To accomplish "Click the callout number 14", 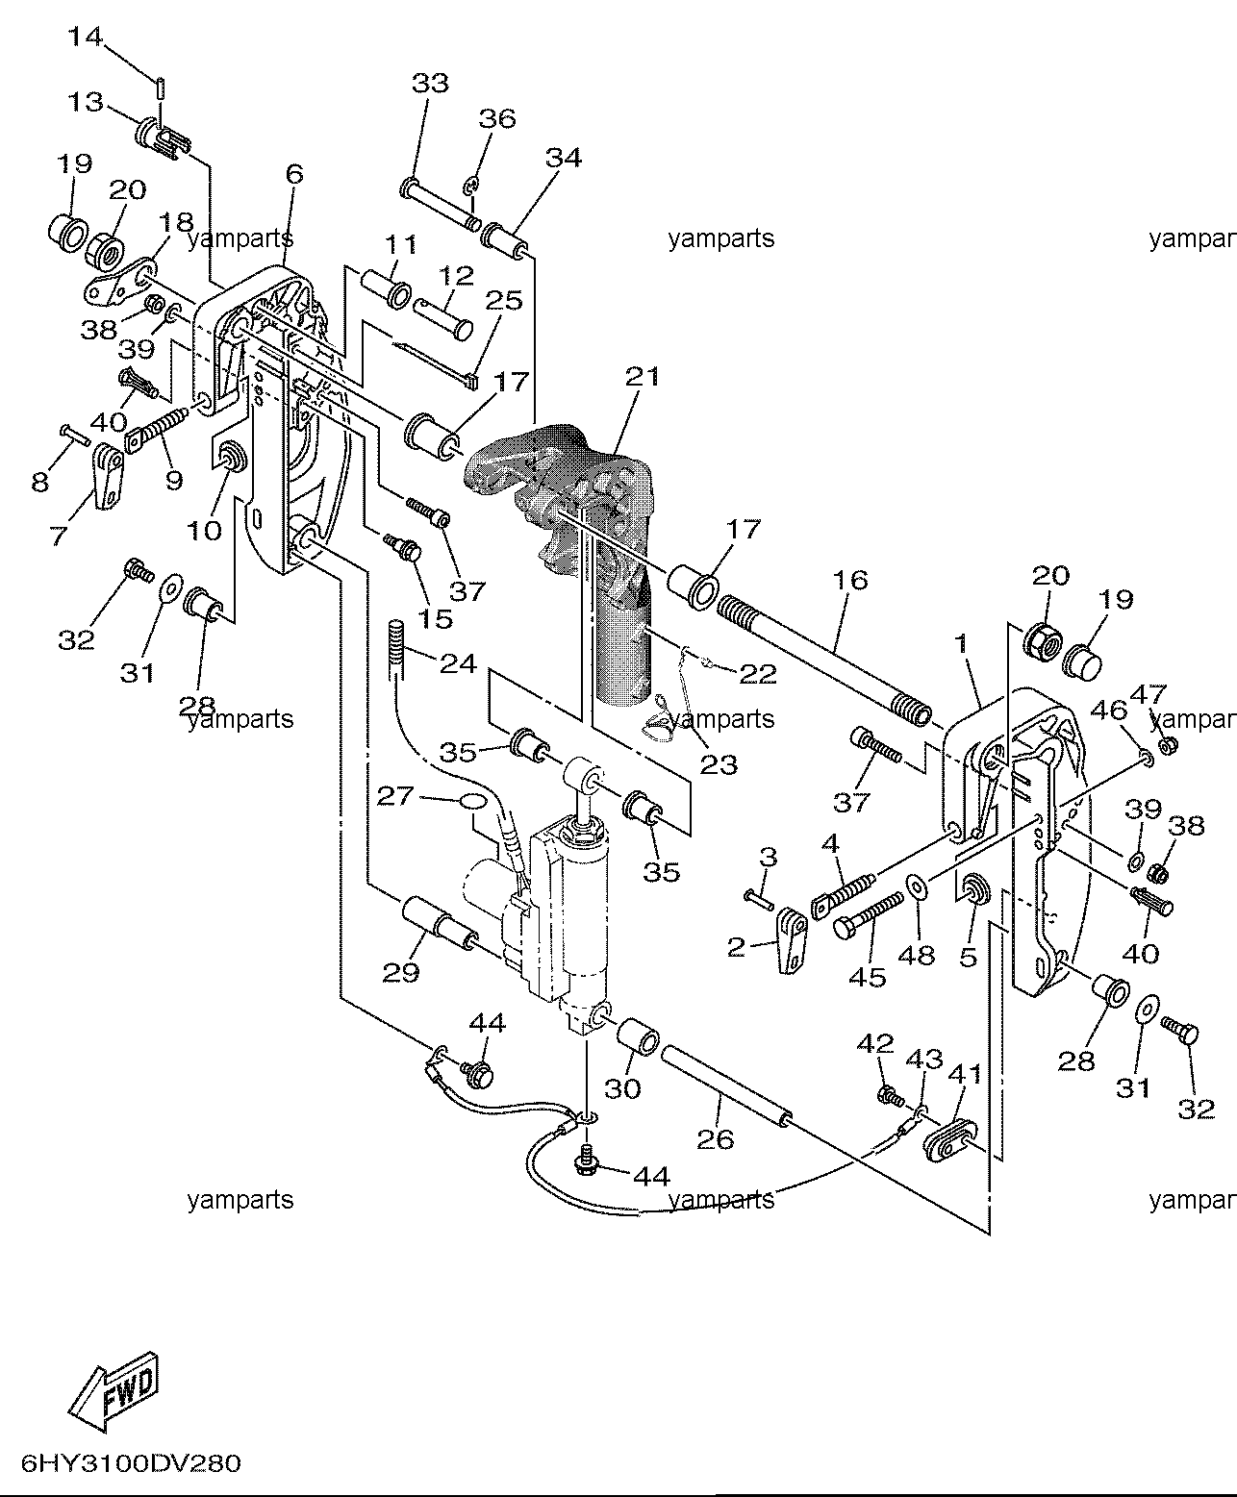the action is [x=86, y=37].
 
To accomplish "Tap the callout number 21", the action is [x=643, y=376].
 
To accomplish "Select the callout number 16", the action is [x=851, y=580].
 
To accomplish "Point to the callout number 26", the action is [x=716, y=1138].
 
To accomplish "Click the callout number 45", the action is [x=868, y=977].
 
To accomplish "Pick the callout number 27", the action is [x=395, y=796].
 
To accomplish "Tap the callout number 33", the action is [x=431, y=83].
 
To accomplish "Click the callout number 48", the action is [x=917, y=955].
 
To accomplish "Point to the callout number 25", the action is [x=504, y=300].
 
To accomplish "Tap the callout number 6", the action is [x=294, y=173].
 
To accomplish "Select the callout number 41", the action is [x=965, y=1074].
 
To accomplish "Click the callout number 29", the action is [x=400, y=972].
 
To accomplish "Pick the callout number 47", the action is [x=1149, y=694].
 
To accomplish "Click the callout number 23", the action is [x=719, y=764].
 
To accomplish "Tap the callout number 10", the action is [x=205, y=531].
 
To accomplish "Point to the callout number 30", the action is [x=622, y=1088].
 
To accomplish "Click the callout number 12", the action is [x=457, y=275].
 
